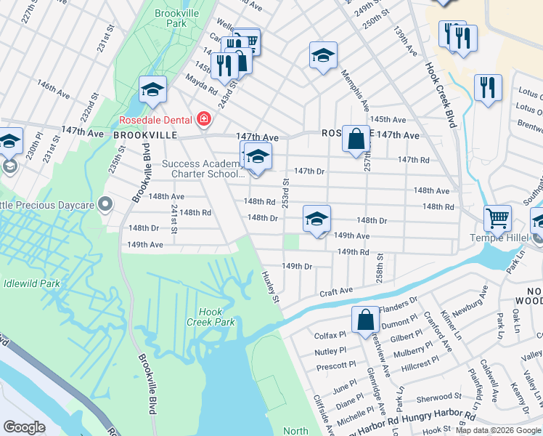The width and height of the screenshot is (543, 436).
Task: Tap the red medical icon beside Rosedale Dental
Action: pos(204,119)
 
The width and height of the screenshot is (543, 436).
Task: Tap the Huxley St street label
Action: pos(271,287)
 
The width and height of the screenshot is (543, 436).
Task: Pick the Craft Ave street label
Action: pos(337,291)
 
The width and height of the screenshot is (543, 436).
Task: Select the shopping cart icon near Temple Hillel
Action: pos(497,217)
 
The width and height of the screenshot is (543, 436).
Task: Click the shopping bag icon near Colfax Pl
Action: pos(366,319)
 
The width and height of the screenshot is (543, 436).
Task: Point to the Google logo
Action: pos(24,427)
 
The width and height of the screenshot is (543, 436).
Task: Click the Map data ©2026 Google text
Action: pos(497,430)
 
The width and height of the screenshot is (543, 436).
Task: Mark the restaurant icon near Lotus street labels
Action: pos(488,87)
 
